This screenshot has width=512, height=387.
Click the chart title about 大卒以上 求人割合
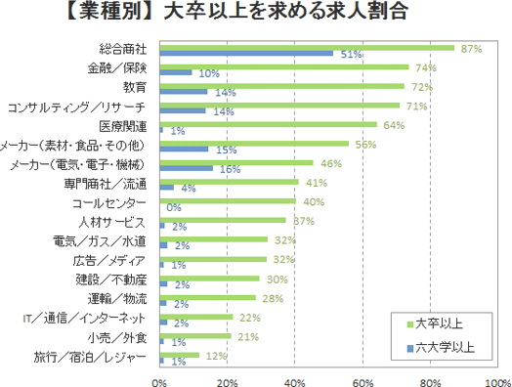pos(256,14)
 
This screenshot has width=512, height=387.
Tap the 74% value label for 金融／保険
pos(424,67)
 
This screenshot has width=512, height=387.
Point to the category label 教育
pos(133,88)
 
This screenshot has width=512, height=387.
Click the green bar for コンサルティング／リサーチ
pos(278,105)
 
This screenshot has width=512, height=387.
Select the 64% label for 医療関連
pos(392,125)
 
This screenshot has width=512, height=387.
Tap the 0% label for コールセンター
pos(174,207)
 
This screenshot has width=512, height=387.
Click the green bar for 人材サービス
pos(221,220)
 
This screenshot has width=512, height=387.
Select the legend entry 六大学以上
pos(441,345)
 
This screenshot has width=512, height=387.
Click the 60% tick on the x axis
pos(363,382)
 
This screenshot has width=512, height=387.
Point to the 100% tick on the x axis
pos(496,382)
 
